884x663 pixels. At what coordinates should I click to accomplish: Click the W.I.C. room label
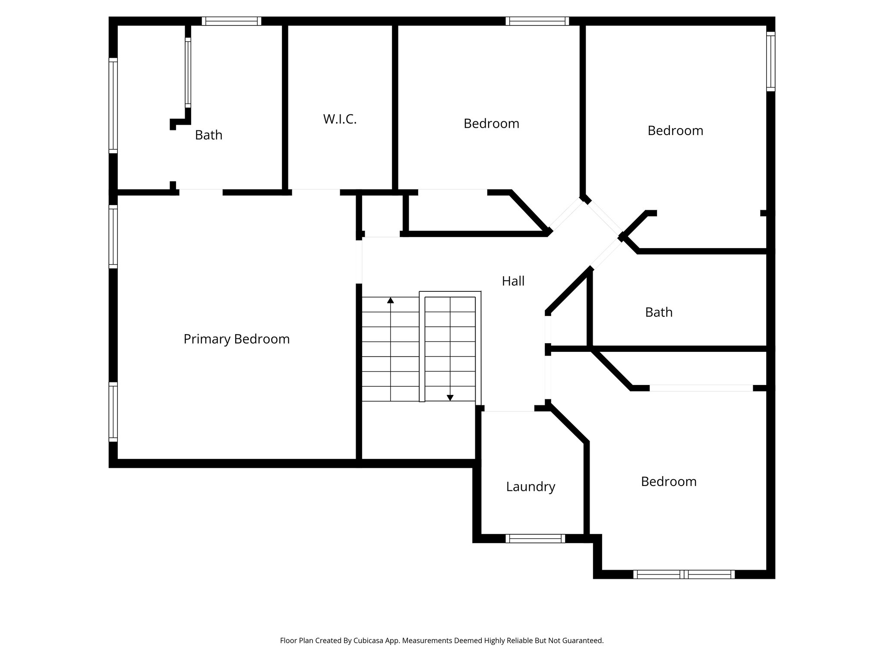[340, 120]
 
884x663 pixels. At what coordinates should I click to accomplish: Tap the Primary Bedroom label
[237, 339]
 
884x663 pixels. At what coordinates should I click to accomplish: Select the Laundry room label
[530, 487]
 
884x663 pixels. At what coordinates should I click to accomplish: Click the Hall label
[513, 281]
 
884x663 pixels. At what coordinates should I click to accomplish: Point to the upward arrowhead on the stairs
[391, 300]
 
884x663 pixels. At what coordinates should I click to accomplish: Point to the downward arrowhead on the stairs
[450, 398]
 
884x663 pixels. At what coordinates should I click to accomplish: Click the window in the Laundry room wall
[535, 538]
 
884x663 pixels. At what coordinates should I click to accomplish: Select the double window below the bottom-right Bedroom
[684, 574]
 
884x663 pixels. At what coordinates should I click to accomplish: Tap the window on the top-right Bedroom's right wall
[770, 61]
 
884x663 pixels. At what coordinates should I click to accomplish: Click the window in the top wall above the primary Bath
[231, 21]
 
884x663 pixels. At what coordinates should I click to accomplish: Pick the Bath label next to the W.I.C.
[208, 135]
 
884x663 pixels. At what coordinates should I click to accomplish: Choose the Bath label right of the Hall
[659, 313]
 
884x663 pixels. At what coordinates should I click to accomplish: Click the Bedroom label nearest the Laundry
[669, 482]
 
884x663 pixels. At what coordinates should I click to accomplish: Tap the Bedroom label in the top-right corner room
[675, 131]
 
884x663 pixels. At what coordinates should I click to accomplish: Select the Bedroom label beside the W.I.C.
[491, 124]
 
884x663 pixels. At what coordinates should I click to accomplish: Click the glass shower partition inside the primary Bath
[188, 73]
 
